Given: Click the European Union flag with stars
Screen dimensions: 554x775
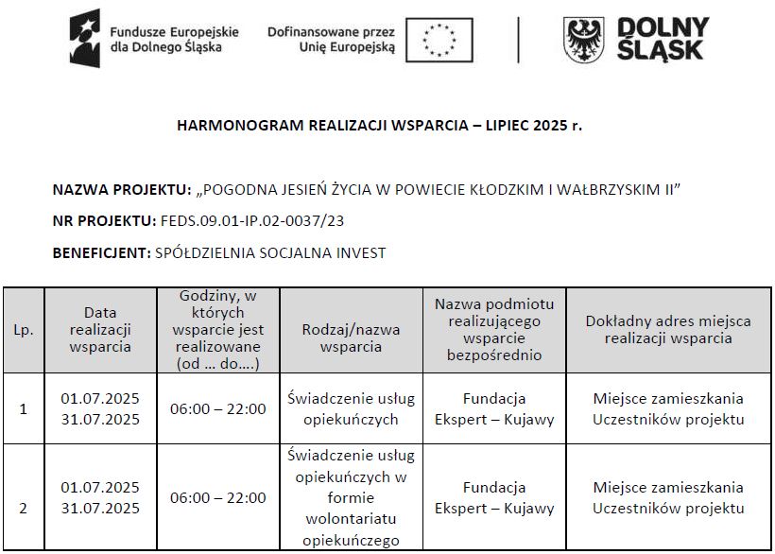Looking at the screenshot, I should pos(439,40).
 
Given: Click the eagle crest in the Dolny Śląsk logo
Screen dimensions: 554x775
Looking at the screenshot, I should pos(584,40).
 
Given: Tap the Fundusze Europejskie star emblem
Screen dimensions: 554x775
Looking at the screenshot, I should pos(84,39).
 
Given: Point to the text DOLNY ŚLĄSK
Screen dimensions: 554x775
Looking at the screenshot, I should pos(663,40).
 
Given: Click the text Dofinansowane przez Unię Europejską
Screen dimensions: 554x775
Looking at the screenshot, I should pos(331,40).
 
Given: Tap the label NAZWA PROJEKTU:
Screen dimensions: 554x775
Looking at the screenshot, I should pos(122,190).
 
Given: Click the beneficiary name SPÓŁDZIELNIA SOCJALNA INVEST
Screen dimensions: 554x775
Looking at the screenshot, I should pos(269,252).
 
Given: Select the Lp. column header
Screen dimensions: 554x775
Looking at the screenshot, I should pos(24,330).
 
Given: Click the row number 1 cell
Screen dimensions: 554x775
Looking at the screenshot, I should pos(24,409).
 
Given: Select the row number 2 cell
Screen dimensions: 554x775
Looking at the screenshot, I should pos(24,508).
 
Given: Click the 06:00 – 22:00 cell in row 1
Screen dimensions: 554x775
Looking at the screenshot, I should pos(218,409).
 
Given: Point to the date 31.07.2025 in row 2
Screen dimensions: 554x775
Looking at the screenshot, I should pos(100,509).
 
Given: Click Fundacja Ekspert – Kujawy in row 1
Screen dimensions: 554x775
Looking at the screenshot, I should pos(494,409).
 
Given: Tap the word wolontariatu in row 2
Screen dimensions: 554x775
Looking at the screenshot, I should pos(351,519).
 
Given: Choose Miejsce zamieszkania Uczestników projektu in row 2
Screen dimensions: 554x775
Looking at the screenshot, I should pos(669,498).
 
